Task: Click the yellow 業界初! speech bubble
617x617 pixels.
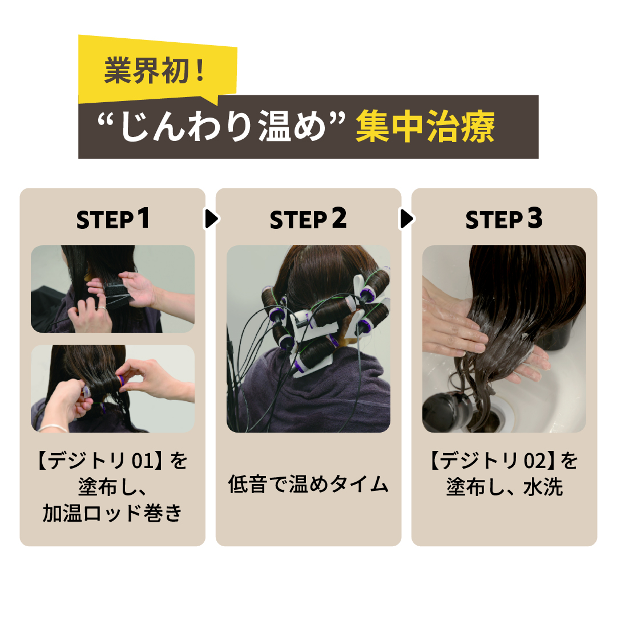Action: point(158,70)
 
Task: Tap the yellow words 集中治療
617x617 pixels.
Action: point(425,126)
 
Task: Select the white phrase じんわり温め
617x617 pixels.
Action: point(223,126)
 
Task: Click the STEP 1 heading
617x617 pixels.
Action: point(113,219)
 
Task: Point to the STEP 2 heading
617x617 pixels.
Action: point(308,219)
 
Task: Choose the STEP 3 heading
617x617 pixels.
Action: point(504,219)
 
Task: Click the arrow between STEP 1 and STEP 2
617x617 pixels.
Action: point(211,219)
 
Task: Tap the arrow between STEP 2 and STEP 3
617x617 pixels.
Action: point(406,219)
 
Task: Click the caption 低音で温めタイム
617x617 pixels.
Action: point(308,484)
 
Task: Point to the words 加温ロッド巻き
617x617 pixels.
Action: point(112,513)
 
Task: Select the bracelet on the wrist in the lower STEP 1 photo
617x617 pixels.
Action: point(53,428)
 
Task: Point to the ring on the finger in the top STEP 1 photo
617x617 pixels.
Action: point(101,308)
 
